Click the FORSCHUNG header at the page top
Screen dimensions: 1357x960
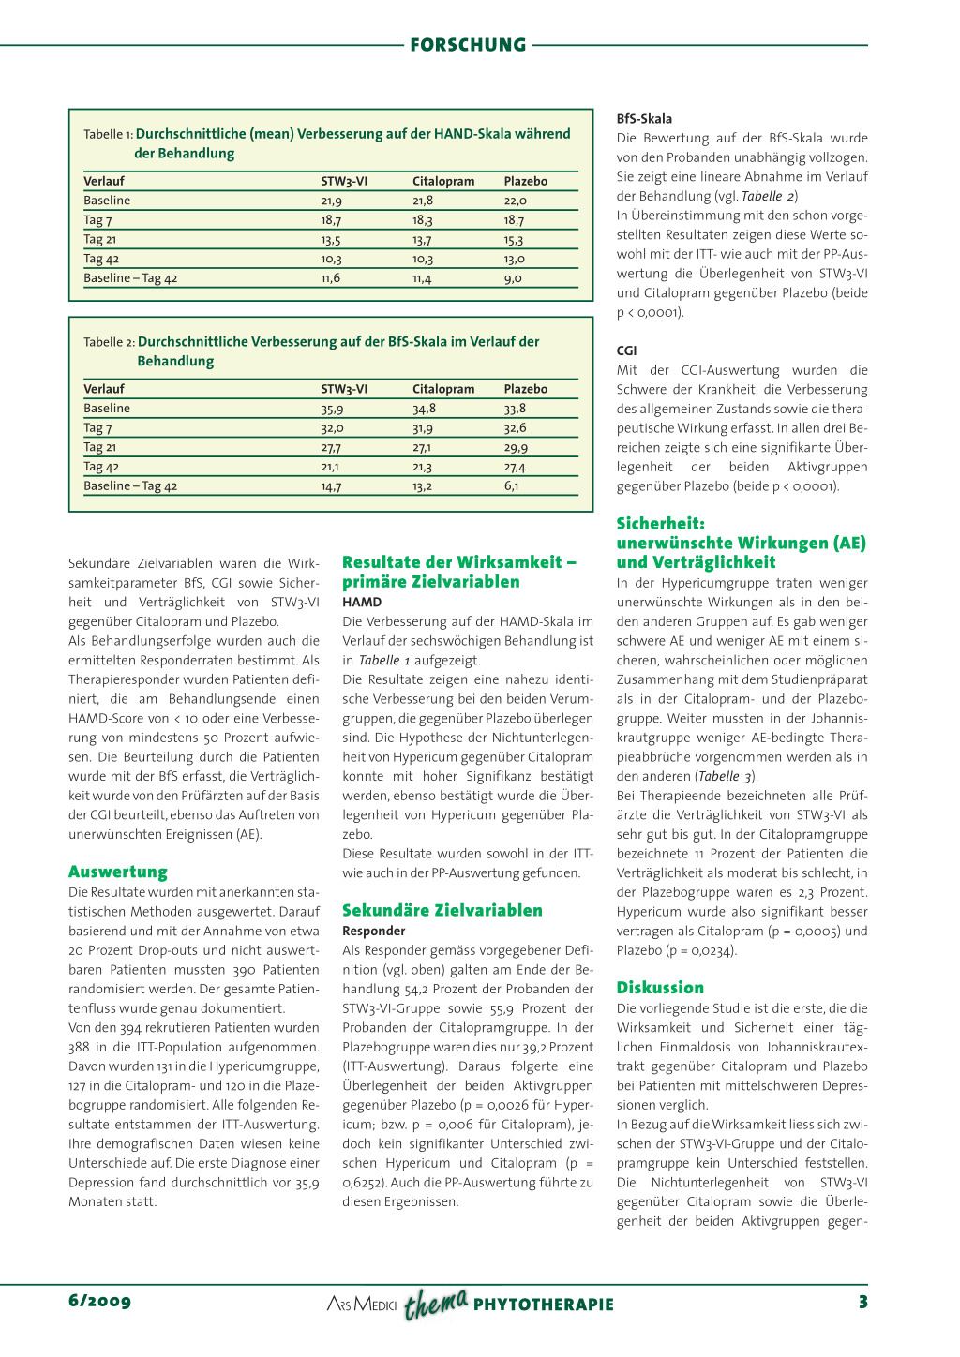click(468, 45)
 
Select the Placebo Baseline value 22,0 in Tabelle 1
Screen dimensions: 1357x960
click(516, 201)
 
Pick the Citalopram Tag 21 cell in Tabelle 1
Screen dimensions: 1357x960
click(422, 240)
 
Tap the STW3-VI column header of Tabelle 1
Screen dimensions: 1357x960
click(344, 181)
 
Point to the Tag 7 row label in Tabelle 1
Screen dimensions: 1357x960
click(97, 220)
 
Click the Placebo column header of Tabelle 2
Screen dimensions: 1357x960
click(525, 389)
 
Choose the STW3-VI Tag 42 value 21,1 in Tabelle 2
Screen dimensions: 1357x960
click(330, 467)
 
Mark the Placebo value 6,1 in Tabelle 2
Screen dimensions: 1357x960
click(511, 486)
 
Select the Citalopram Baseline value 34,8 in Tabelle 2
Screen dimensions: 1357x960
click(424, 409)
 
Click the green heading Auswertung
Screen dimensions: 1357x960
click(118, 872)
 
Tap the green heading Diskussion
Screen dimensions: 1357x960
click(660, 988)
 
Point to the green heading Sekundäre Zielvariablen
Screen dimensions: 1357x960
click(442, 910)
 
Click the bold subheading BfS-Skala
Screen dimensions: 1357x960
click(644, 119)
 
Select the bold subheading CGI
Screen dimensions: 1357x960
click(626, 350)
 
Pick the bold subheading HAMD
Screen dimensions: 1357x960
click(362, 603)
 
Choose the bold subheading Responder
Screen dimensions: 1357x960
click(373, 931)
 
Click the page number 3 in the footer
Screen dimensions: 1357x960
click(862, 1302)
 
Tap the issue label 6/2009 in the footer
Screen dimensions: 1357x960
click(99, 1301)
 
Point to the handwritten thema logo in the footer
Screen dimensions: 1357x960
click(436, 1304)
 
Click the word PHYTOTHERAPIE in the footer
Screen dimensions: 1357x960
click(543, 1305)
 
